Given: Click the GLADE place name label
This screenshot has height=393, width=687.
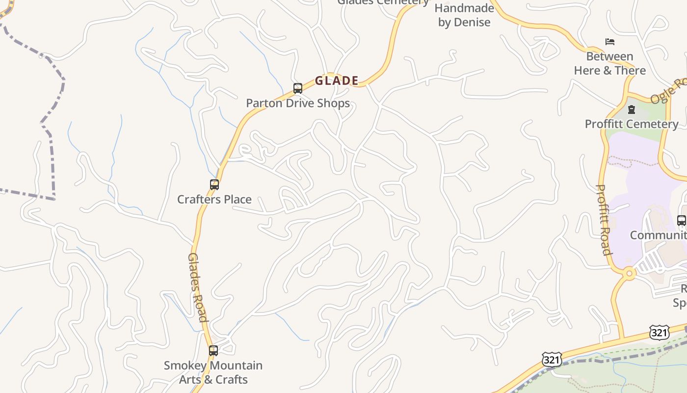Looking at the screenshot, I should coord(337,81).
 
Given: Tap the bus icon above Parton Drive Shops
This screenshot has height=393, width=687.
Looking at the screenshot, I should coord(297,88).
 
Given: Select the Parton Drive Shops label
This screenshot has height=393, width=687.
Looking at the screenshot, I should coord(298,103).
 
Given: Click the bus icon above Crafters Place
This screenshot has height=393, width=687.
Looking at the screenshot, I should coord(214,185).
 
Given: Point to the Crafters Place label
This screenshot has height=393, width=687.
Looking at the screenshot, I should coord(214,199).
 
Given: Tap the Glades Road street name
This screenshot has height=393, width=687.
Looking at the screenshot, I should coord(198,287).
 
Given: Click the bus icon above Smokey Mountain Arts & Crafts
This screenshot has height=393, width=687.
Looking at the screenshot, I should coord(213,351).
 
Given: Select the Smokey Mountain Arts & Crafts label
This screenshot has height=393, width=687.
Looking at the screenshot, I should coord(213,372).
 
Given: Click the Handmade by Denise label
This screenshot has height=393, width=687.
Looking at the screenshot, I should coord(464,15).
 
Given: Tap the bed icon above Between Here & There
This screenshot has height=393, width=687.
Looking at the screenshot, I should coord(610,42).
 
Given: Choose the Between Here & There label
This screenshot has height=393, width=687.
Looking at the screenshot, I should coord(610,63).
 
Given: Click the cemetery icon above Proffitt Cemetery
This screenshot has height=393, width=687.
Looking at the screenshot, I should coord(632,110).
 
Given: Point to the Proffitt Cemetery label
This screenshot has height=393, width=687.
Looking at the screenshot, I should coord(632,124).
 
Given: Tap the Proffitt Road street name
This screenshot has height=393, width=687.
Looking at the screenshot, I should coord(604,220).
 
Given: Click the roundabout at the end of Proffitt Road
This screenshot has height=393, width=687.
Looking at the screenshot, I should coord(629,273).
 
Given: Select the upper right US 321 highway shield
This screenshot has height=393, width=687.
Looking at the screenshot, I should coord(659,333).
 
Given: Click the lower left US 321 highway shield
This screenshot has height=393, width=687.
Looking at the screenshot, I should coord(552,360).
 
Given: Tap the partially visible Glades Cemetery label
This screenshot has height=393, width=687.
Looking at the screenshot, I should coord(383,2).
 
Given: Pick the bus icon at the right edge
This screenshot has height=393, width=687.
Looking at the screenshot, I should coord(682,221).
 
